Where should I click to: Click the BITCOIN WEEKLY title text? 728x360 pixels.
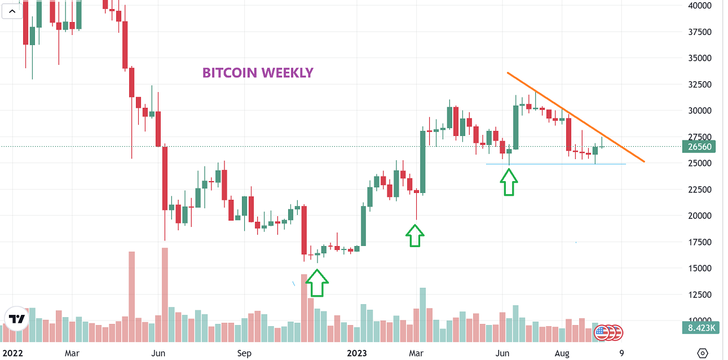click(258, 73)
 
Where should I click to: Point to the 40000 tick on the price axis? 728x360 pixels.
click(699, 6)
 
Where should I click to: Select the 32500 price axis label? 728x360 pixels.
click(699, 84)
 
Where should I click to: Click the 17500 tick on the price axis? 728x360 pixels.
click(699, 242)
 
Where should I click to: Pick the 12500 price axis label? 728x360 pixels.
click(699, 295)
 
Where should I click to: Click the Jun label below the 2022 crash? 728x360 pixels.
click(158, 353)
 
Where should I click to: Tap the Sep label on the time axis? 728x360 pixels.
click(244, 353)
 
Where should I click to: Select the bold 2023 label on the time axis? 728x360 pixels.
click(356, 353)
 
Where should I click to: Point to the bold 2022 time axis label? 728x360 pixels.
click(12, 353)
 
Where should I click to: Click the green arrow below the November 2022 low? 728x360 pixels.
click(317, 282)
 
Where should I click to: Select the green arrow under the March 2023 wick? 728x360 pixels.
click(415, 235)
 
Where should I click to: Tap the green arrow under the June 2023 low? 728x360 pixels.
click(509, 183)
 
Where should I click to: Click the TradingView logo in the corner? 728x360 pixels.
click(16, 319)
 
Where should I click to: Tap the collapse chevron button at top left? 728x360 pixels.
click(12, 11)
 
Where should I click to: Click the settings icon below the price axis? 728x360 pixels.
click(703, 353)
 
